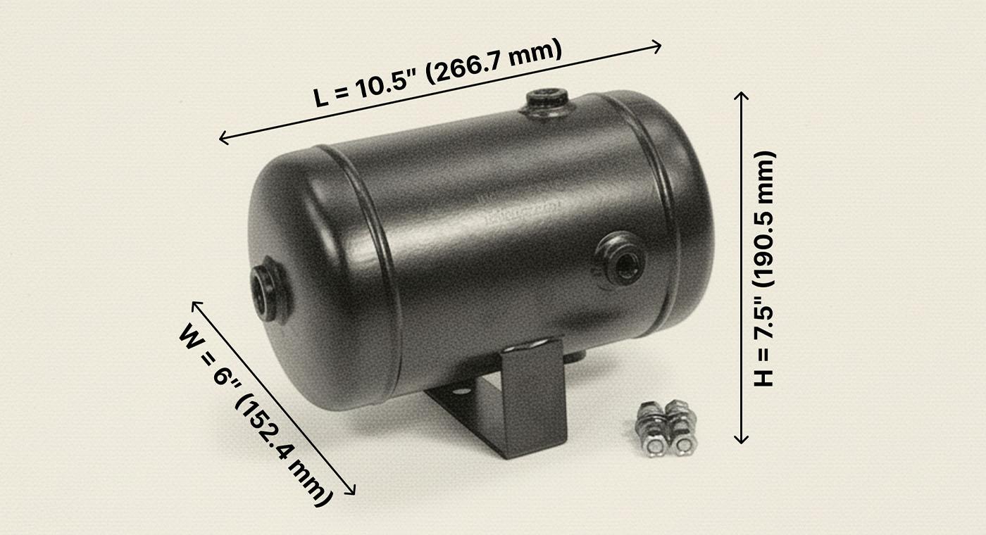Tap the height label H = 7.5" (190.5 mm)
coord(763,268)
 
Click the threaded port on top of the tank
coord(547,101)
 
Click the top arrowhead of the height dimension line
coord(741,94)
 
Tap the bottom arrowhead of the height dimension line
coord(741,440)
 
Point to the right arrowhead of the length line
coord(658,46)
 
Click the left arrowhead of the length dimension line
coord(223,139)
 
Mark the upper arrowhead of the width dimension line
coord(195,304)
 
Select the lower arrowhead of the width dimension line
coord(352,491)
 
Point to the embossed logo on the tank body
coord(525,209)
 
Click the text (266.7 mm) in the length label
coord(493,61)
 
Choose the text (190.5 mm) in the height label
coord(763,218)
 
